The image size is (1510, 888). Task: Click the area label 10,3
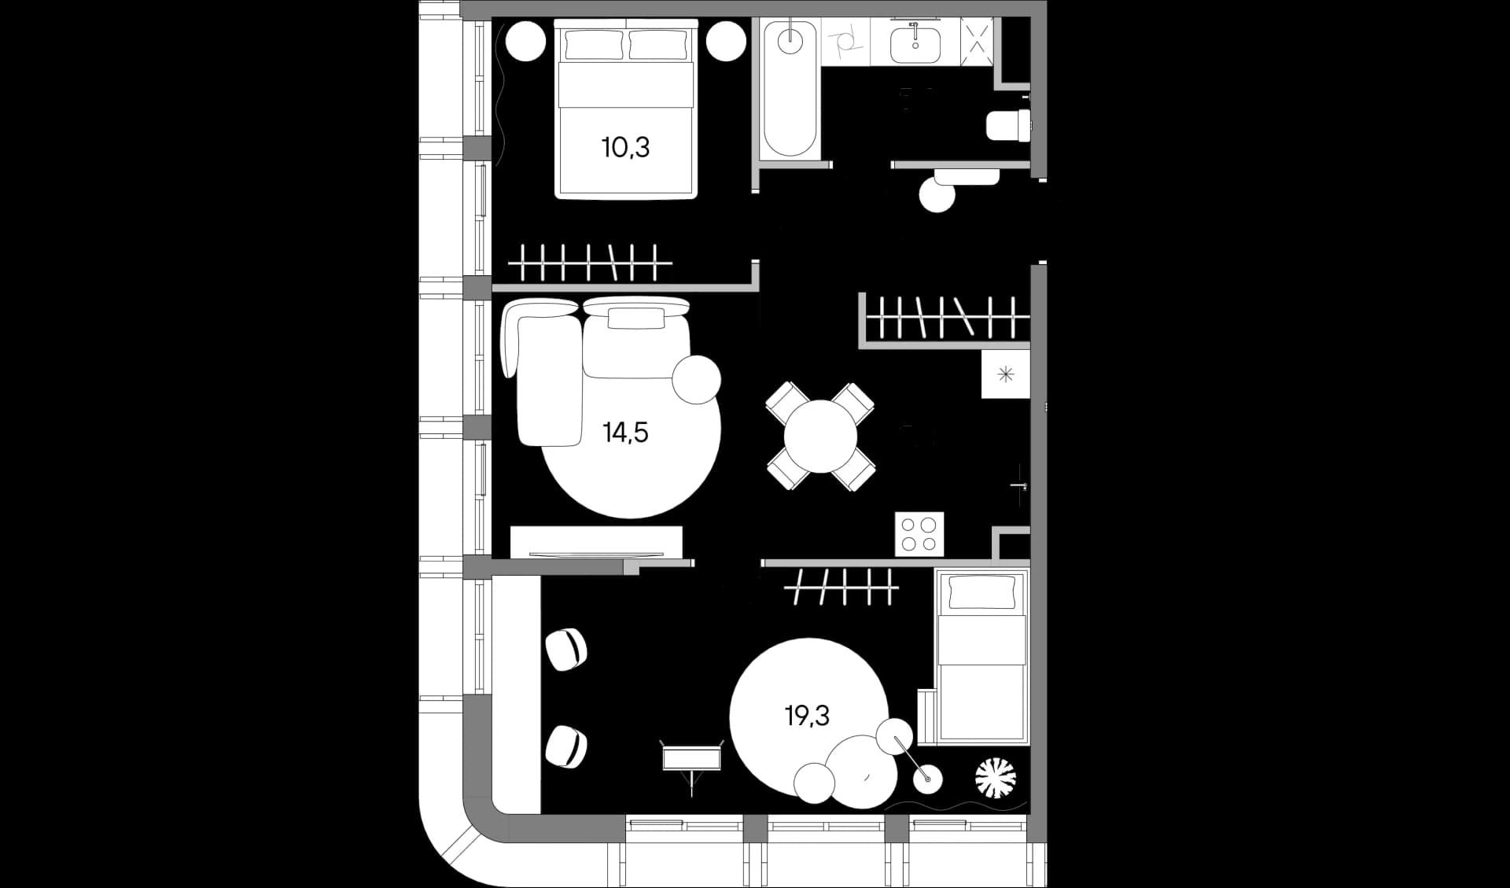tap(625, 147)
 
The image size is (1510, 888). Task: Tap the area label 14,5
tap(625, 433)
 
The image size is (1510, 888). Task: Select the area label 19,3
tap(807, 716)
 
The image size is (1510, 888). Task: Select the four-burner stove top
tap(919, 534)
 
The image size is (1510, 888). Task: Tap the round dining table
tap(820, 437)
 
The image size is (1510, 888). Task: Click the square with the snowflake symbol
tap(1006, 374)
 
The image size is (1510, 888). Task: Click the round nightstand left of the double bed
tap(525, 40)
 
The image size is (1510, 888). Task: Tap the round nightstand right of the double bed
tap(726, 40)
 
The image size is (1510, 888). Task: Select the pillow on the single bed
tap(981, 592)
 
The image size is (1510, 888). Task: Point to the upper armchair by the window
tap(566, 650)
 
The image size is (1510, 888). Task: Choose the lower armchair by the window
tap(566, 746)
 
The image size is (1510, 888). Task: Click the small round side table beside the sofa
tap(696, 379)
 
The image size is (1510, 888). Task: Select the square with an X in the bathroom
tap(977, 36)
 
